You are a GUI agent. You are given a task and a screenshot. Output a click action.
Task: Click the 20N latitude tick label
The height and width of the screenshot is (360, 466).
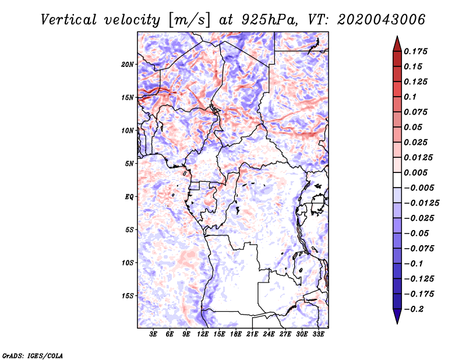pos(127,65)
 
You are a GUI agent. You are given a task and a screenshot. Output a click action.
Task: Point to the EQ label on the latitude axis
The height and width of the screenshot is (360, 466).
pos(129,197)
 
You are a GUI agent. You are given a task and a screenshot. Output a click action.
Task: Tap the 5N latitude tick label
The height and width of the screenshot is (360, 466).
pos(129,164)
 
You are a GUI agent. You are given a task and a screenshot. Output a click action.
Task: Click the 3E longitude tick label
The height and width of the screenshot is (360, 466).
pos(153,334)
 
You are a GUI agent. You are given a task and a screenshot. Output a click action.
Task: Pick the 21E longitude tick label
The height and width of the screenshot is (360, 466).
pos(252,334)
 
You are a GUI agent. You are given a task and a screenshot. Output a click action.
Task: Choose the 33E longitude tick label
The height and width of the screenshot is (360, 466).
pos(318,334)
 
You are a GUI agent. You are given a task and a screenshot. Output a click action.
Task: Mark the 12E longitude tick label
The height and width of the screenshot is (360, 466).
pos(202,334)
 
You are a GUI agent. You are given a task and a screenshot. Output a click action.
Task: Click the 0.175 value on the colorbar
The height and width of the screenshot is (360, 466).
pos(415,51)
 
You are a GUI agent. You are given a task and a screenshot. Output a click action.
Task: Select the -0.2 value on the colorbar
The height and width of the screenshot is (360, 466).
pos(414,309)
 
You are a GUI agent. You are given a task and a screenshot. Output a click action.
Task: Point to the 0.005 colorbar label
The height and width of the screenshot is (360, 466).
pos(415,172)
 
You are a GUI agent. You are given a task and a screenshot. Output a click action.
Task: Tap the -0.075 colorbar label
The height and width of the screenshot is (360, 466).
pos(419,249)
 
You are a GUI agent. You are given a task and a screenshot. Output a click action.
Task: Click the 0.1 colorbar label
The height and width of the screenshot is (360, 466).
pos(410,97)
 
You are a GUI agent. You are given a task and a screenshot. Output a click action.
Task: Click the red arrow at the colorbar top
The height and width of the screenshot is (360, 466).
pos(397,44)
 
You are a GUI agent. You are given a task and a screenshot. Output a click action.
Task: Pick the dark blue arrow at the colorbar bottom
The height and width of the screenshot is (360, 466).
pos(397,316)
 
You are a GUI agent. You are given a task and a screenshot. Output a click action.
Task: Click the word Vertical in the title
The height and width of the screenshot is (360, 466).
pos(69,20)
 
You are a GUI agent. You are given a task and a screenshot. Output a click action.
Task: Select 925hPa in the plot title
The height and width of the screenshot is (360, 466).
pos(269,20)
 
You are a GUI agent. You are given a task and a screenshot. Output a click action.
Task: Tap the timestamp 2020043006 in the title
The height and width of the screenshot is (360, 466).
pos(382,20)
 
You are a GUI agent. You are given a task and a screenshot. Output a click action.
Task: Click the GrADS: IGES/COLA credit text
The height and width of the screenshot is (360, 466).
pos(33,355)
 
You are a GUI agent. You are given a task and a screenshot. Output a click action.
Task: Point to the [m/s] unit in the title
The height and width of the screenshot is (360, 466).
pos(189,20)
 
